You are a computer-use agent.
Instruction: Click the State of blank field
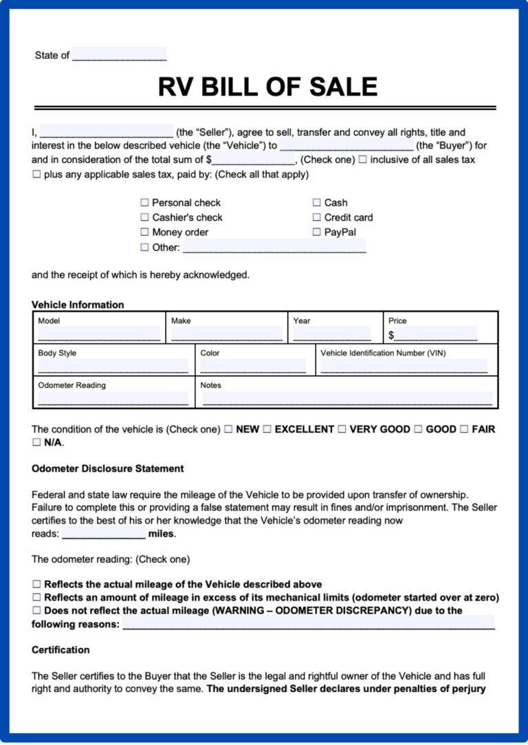[x=119, y=54]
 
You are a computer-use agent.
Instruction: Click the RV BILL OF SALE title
[x=267, y=87]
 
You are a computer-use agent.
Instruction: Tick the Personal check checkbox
[x=144, y=203]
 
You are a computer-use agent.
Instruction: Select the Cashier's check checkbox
[x=144, y=217]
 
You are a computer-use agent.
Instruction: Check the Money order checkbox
[x=144, y=233]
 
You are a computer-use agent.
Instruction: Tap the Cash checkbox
[x=317, y=203]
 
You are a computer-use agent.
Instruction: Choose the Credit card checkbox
[x=317, y=217]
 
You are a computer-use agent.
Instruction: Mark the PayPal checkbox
[x=317, y=233]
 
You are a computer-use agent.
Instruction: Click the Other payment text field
[x=274, y=247]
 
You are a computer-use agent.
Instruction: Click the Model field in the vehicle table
[x=99, y=334]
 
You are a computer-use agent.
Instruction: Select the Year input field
[x=331, y=334]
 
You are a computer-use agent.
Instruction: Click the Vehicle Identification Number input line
[x=404, y=367]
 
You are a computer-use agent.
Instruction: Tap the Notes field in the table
[x=347, y=399]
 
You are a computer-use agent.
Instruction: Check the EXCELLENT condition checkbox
[x=267, y=429]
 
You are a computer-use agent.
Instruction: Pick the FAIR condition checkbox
[x=464, y=429]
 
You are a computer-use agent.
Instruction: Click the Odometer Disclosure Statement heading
[x=107, y=468]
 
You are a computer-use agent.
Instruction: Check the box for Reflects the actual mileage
[x=37, y=584]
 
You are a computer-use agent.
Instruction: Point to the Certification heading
[x=60, y=650]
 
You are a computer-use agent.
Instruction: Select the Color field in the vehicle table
[x=253, y=367]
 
